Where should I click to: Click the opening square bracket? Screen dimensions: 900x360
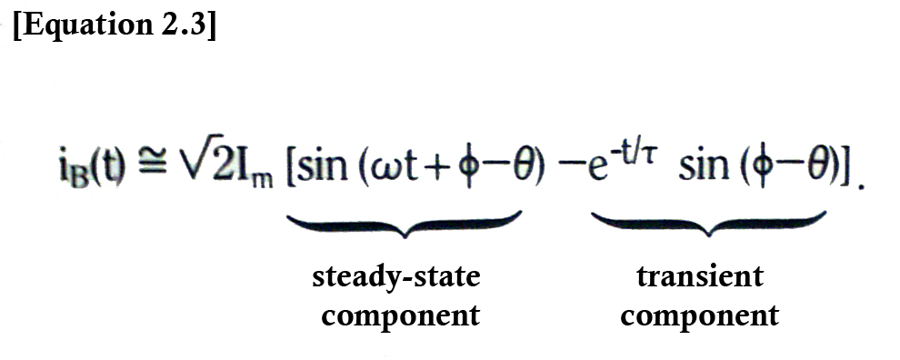click(291, 171)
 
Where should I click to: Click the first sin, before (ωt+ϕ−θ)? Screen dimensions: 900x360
click(320, 170)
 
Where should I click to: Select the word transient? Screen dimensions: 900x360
click(699, 276)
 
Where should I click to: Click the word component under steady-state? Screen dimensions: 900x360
click(400, 315)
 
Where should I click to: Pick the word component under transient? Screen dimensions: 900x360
click(699, 315)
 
